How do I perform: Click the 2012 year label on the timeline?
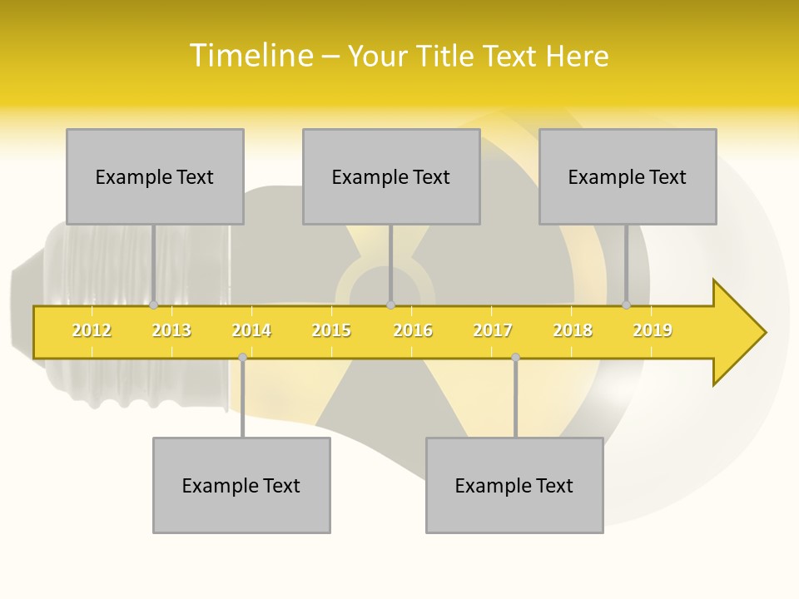pyautogui.click(x=92, y=330)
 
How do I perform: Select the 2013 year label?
pyautogui.click(x=171, y=330)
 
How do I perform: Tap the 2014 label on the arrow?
pyautogui.click(x=251, y=330)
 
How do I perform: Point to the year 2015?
pyautogui.click(x=331, y=330)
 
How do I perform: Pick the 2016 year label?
pyautogui.click(x=413, y=330)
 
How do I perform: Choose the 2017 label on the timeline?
pyautogui.click(x=493, y=330)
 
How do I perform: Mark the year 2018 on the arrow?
pyautogui.click(x=573, y=330)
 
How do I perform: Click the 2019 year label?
pyautogui.click(x=653, y=330)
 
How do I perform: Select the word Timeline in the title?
pyautogui.click(x=251, y=56)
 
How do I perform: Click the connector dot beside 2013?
pyautogui.click(x=153, y=305)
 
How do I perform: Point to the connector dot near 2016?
pyautogui.click(x=390, y=305)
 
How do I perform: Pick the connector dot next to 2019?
pyautogui.click(x=627, y=305)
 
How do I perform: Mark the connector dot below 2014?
pyautogui.click(x=242, y=358)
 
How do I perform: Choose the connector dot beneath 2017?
pyautogui.click(x=515, y=358)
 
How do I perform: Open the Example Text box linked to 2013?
pyautogui.click(x=155, y=176)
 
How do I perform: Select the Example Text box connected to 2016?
pyautogui.click(x=391, y=176)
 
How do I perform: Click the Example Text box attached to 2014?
pyautogui.click(x=241, y=485)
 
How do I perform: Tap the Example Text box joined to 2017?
pyautogui.click(x=514, y=485)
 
